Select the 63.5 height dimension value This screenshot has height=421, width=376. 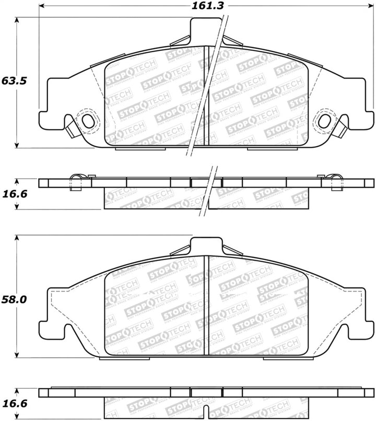[x=14, y=81]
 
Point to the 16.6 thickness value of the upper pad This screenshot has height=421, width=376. [x=14, y=194]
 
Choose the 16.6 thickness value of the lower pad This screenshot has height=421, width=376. [x=14, y=404]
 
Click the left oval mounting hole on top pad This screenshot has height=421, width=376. [x=88, y=121]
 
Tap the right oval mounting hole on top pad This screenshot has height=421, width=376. [x=324, y=121]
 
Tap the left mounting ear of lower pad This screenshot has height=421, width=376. [x=52, y=313]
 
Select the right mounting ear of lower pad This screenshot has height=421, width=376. [x=360, y=313]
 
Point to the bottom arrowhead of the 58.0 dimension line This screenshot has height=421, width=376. [x=19, y=355]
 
